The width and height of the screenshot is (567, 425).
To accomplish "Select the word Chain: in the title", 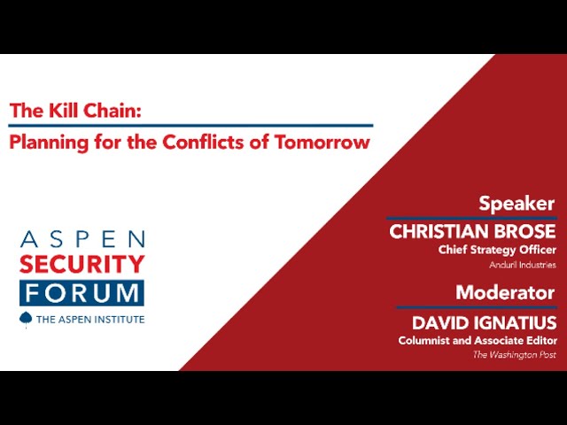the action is (113, 110).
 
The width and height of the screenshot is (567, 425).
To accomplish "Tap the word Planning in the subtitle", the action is (49, 143).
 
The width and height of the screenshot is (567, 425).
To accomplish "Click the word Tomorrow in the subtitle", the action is (322, 142).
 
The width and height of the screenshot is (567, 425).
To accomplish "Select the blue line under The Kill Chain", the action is (190, 126).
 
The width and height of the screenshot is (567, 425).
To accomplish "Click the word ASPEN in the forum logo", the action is (82, 239).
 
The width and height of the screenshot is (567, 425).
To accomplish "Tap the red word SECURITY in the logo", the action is (82, 264).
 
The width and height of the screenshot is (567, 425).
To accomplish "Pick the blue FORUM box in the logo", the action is (82, 293).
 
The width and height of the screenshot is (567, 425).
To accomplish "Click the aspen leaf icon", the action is (26, 320).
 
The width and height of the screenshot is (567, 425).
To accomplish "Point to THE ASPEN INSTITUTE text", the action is (90, 320).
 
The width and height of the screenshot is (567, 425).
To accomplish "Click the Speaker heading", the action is (517, 205).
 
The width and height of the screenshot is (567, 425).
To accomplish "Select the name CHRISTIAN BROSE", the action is (472, 232).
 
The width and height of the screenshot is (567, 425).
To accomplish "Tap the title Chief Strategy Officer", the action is (497, 250).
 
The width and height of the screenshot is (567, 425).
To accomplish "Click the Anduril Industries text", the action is (523, 265).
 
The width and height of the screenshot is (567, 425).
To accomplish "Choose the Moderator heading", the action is (505, 292).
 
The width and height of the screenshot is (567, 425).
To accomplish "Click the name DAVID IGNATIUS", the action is (485, 322).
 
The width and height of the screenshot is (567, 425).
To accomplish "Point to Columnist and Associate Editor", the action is (478, 340).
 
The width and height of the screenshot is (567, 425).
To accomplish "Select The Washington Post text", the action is (514, 355).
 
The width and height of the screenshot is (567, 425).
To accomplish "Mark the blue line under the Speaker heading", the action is (471, 219).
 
